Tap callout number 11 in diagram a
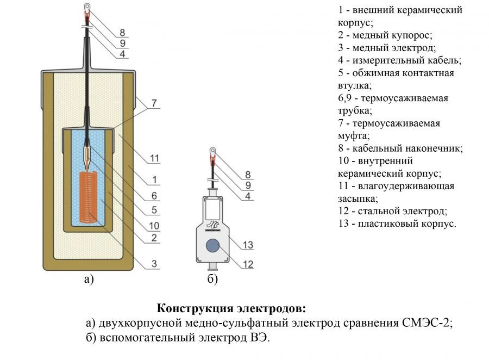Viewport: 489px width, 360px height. (155, 158)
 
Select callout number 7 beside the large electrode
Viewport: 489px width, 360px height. (154, 102)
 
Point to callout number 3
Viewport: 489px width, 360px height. (154, 264)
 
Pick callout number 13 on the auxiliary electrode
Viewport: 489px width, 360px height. (248, 245)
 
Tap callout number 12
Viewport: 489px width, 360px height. (248, 264)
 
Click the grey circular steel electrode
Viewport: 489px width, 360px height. (212, 246)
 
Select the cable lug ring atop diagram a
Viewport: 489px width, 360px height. (87, 8)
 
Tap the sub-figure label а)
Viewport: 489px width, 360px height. (89, 280)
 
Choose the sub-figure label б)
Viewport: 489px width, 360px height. (212, 280)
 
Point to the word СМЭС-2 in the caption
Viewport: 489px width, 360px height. (430, 323)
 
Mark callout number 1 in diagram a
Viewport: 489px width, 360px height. (154, 179)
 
